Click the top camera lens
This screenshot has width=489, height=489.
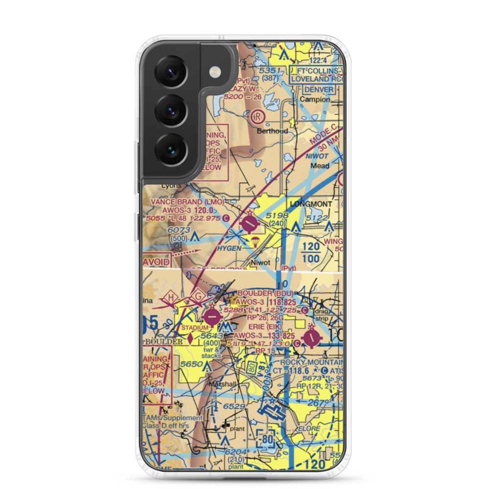point(171,71)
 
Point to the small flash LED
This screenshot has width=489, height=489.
point(214,72)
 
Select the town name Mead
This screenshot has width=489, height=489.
point(320,166)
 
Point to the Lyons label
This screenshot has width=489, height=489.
point(171,186)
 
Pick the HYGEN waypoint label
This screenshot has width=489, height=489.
point(229,248)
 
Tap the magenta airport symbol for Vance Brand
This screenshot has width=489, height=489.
point(250,224)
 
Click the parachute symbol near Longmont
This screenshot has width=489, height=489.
point(255,241)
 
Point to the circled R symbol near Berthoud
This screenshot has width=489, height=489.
point(258,116)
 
